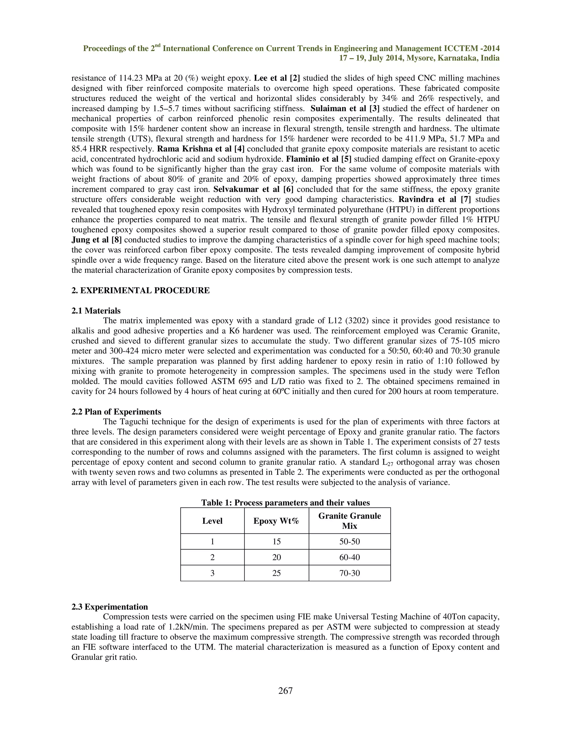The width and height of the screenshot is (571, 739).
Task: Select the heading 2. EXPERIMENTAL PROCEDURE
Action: (x=141, y=291)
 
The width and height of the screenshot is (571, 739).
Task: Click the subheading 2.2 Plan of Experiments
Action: (x=116, y=412)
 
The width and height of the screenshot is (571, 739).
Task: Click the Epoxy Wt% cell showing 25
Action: (x=276, y=573)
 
